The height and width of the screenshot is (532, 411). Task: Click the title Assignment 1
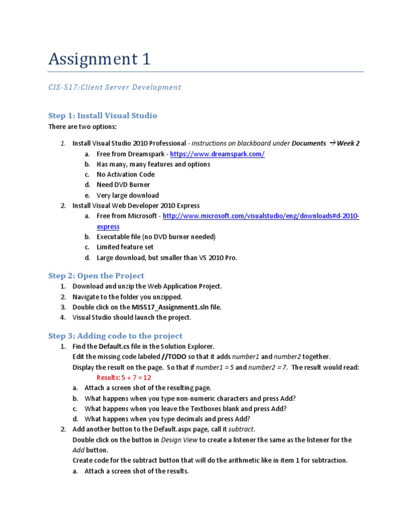pos(99,59)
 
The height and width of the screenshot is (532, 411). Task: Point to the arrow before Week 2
pos(332,143)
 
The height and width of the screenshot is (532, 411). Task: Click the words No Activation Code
pos(125,174)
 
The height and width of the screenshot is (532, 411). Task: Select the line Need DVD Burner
pos(123,185)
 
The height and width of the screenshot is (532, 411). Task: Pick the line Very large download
pos(127,195)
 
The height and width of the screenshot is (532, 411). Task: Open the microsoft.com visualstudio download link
pos(261,216)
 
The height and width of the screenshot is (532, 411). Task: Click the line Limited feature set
pos(125,247)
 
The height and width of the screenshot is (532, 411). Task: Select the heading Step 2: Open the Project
pos(96,276)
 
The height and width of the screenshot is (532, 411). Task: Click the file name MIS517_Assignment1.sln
pos(177,307)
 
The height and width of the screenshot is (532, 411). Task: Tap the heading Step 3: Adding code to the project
pos(115,336)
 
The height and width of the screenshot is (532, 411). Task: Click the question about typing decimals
pos(174,419)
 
